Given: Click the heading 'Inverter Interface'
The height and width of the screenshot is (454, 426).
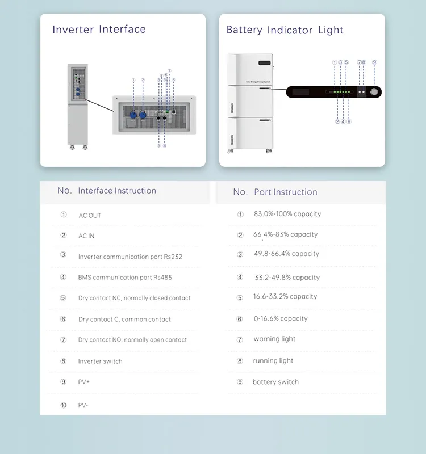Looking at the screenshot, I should [99, 30].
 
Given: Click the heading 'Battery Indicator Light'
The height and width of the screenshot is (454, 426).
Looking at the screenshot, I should [285, 30].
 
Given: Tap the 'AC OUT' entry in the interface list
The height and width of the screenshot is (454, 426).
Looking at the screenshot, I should [90, 216].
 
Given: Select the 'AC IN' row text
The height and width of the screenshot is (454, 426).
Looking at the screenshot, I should [86, 236].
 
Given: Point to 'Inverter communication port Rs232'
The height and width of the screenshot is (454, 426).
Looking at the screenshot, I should [130, 257].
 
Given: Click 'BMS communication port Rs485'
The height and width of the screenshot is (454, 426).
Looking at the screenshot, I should [125, 278].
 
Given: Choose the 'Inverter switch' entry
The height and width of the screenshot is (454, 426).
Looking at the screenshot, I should [101, 361].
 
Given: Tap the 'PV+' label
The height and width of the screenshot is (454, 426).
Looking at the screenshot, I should [84, 382].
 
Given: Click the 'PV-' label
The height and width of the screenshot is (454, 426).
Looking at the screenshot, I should [83, 405].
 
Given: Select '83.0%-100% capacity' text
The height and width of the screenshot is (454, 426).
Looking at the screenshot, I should [287, 214].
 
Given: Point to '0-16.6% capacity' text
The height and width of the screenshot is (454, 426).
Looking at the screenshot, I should [281, 318].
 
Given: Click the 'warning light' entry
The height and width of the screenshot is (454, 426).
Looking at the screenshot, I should [274, 339].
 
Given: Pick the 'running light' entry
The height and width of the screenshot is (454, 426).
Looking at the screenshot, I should [273, 360].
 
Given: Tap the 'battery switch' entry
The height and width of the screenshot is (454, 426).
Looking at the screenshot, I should [275, 382].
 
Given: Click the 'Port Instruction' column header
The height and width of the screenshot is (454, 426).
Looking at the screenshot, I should [285, 192].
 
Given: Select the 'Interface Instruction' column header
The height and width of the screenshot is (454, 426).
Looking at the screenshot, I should [117, 191].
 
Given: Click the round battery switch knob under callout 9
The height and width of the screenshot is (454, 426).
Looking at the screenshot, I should [374, 91].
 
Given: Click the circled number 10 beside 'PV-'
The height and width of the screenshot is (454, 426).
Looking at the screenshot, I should [63, 405].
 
